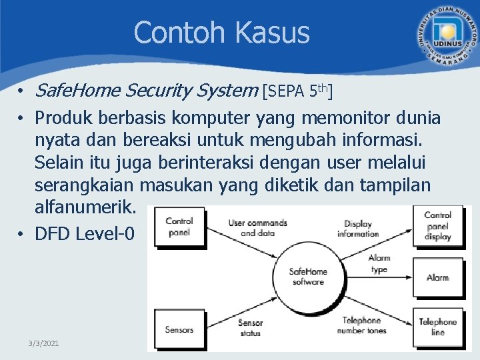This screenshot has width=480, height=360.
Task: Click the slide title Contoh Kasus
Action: [221, 32]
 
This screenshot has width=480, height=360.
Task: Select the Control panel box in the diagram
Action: [179, 227]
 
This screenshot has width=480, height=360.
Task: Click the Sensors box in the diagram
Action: [179, 329]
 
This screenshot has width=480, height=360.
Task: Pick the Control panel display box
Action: [438, 226]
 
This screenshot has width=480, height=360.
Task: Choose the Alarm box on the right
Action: [438, 277]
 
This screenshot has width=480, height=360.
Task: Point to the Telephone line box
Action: [438, 327]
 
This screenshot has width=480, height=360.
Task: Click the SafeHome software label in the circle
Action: [307, 277]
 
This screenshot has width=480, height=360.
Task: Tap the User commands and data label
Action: [257, 228]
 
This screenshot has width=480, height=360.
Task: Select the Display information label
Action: [358, 229]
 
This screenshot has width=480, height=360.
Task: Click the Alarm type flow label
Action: [379, 264]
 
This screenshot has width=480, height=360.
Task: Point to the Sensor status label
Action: [250, 327]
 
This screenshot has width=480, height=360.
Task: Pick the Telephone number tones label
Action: [361, 325]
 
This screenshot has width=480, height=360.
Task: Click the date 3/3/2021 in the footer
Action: [44, 343]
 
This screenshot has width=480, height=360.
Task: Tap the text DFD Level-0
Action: [85, 233]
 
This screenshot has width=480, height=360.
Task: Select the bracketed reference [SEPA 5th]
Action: [298, 90]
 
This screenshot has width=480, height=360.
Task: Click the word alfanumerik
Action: [85, 208]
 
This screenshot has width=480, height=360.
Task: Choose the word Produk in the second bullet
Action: [65, 118]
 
